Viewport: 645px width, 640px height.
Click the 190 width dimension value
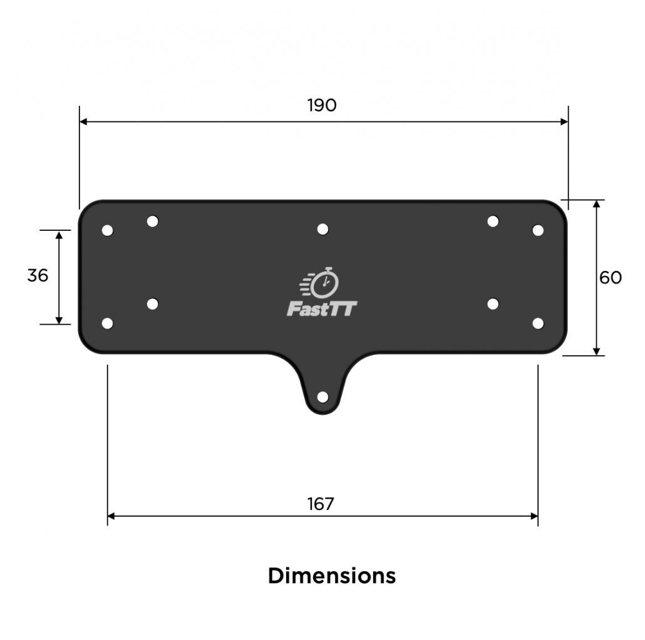tap(322, 105)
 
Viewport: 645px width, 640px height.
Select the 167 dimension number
tap(321, 504)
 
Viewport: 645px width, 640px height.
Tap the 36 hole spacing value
tap(38, 275)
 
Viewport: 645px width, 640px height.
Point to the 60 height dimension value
tap(611, 278)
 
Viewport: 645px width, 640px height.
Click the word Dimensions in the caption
tap(331, 575)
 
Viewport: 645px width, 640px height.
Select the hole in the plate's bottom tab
tap(322, 397)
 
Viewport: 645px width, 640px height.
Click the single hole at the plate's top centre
tap(322, 229)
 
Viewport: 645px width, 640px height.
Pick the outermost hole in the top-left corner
tap(107, 230)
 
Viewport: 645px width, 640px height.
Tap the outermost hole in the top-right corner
tap(538, 230)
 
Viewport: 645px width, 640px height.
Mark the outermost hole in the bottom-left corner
tap(107, 323)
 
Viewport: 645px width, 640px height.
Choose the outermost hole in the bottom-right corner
tap(538, 323)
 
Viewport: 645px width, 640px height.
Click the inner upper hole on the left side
tap(152, 221)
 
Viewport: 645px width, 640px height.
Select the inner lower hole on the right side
tap(493, 303)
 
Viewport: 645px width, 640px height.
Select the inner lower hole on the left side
tap(152, 303)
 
